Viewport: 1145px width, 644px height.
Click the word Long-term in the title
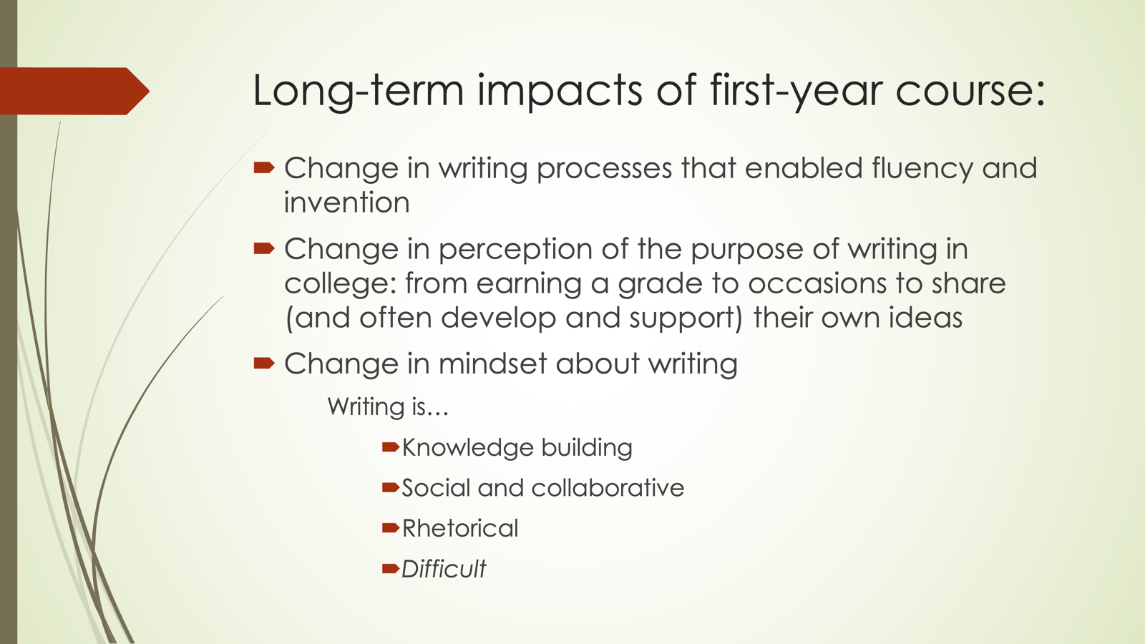(x=359, y=90)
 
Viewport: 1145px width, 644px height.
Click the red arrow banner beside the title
(x=74, y=91)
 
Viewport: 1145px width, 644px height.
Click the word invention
(x=346, y=203)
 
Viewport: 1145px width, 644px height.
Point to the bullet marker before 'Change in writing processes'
(x=264, y=167)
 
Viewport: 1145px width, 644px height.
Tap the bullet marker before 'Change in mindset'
(x=264, y=364)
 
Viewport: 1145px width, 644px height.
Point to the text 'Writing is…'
(x=388, y=407)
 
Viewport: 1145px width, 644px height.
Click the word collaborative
(x=608, y=487)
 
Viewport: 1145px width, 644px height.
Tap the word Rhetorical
(x=460, y=529)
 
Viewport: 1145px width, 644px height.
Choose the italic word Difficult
(x=444, y=569)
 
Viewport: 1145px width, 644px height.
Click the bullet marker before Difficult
(x=391, y=568)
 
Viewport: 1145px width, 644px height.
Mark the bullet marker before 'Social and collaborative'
(x=391, y=487)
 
